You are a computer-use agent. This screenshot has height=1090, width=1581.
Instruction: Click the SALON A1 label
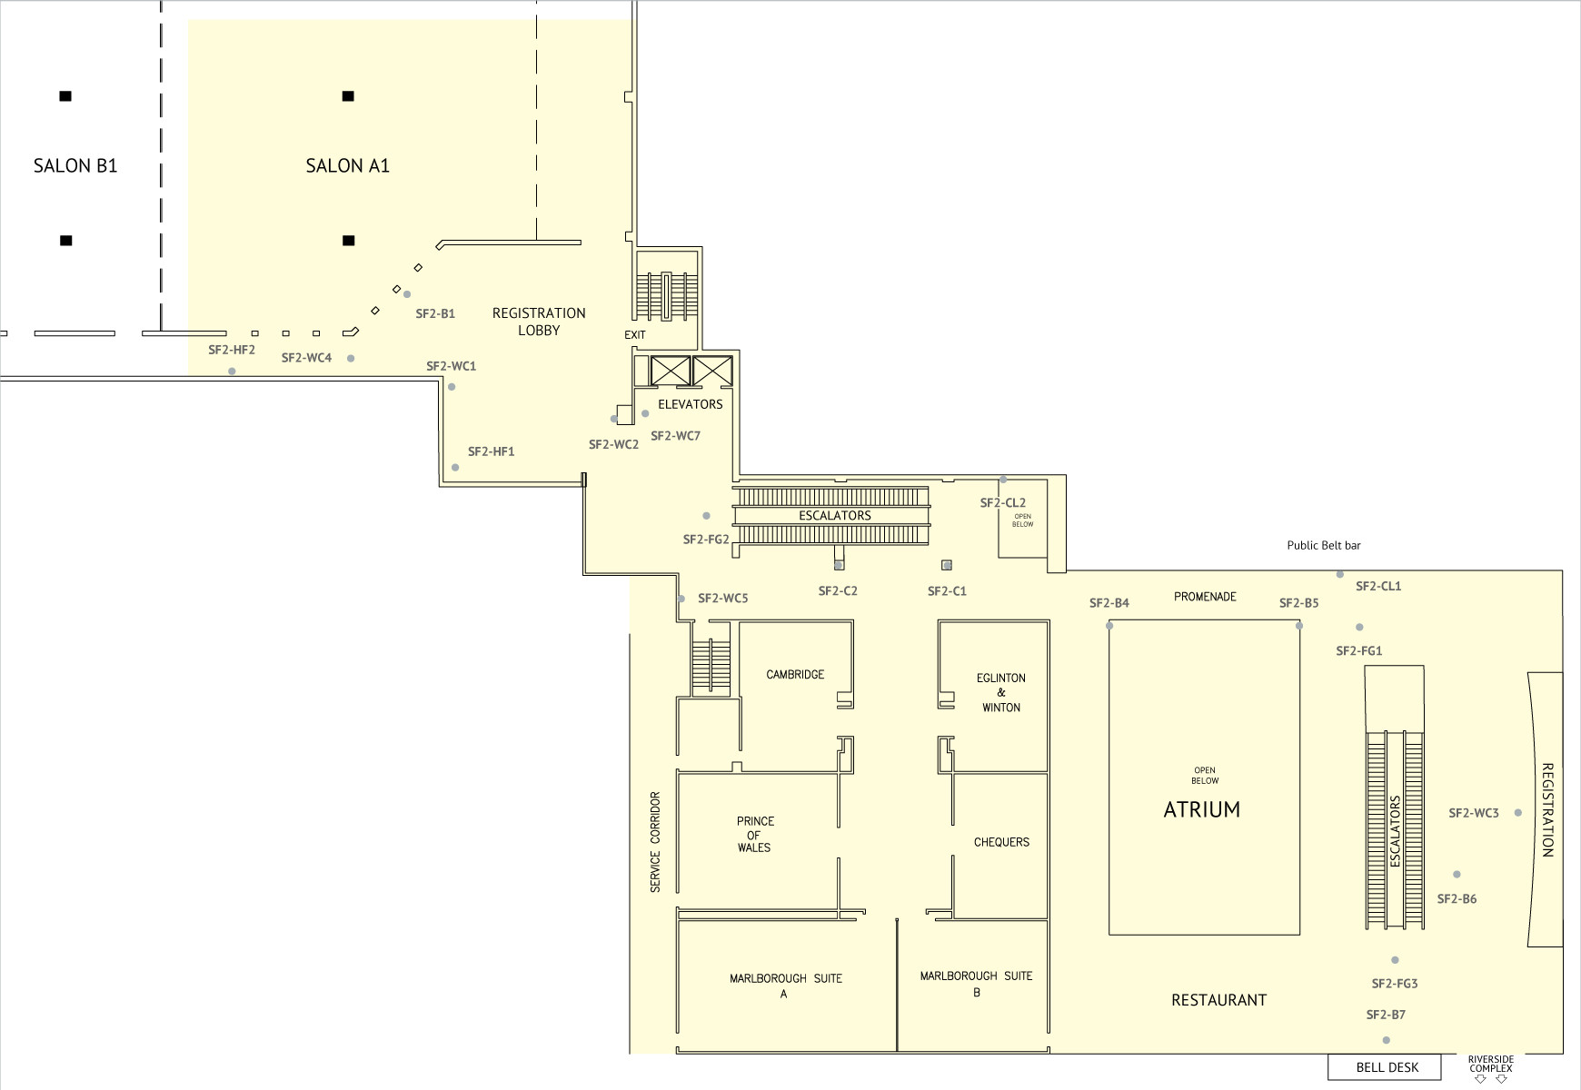pyautogui.click(x=347, y=165)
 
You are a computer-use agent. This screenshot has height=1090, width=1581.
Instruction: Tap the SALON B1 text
pyautogui.click(x=75, y=165)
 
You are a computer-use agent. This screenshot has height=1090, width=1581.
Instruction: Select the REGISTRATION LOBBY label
pyautogui.click(x=539, y=322)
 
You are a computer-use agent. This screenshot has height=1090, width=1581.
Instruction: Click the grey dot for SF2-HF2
pyautogui.click(x=232, y=372)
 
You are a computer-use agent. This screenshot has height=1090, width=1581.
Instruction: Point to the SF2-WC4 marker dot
pyautogui.click(x=351, y=359)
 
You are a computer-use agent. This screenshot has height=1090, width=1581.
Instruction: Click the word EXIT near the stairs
pyautogui.click(x=635, y=335)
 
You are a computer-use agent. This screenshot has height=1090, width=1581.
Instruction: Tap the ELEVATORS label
pyautogui.click(x=691, y=404)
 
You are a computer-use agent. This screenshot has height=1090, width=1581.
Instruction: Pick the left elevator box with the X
pyautogui.click(x=671, y=371)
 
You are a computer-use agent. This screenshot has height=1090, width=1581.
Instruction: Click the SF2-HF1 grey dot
pyautogui.click(x=455, y=468)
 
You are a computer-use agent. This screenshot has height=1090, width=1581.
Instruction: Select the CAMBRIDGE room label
pyautogui.click(x=795, y=675)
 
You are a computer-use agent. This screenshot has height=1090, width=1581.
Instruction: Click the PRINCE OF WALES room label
pyautogui.click(x=754, y=834)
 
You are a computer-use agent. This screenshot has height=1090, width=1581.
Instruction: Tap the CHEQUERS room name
pyautogui.click(x=1001, y=842)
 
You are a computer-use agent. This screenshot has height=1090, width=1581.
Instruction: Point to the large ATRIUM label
pyautogui.click(x=1202, y=809)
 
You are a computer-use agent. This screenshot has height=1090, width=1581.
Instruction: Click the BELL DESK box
pyautogui.click(x=1385, y=1067)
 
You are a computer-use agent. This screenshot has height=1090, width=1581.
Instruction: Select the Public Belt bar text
pyautogui.click(x=1324, y=546)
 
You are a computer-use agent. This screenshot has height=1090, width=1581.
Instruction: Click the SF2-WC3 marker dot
pyautogui.click(x=1518, y=813)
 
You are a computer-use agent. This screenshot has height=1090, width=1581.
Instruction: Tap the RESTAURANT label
pyautogui.click(x=1218, y=1000)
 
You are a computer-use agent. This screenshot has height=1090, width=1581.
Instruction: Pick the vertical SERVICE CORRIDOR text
pyautogui.click(x=655, y=842)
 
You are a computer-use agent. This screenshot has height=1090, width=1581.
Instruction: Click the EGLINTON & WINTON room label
pyautogui.click(x=1001, y=692)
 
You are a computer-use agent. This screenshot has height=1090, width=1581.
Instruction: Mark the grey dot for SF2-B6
pyautogui.click(x=1457, y=875)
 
